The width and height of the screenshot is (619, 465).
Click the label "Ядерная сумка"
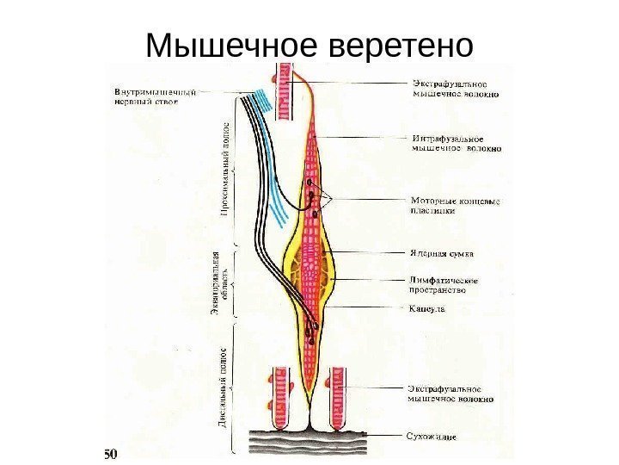click(441, 254)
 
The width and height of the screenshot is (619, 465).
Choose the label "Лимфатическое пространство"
click(444, 285)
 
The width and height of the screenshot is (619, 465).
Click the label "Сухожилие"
click(431, 437)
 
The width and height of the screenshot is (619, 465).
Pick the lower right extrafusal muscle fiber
click(338, 397)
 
